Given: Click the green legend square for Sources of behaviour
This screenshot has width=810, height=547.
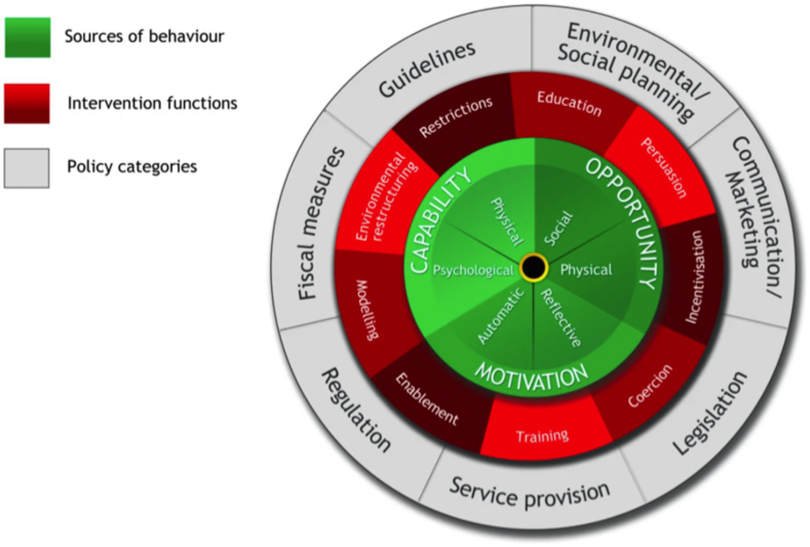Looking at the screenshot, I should click(27, 37).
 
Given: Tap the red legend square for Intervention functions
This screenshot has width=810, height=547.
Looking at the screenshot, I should click(27, 103).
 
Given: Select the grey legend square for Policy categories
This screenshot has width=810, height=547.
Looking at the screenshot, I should click(26, 168).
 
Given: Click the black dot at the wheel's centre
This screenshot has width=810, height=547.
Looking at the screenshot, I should click(533, 267).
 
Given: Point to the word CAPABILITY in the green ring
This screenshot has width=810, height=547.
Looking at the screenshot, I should click(440, 220).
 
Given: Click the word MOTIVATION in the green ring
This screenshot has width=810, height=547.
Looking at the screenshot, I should click(531, 377).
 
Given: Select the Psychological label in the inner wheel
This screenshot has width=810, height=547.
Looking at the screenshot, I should click(473, 271).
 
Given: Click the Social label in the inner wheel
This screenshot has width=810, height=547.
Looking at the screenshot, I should click(558, 228).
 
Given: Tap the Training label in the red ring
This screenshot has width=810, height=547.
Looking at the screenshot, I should click(542, 436).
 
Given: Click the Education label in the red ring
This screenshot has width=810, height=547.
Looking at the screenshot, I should click(569, 103).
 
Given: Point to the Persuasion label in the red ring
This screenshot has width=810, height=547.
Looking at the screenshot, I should click(664, 168).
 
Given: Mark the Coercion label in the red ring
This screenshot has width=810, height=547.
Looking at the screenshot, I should click(650, 386).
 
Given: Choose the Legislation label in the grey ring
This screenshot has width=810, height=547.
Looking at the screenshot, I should click(710, 414).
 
